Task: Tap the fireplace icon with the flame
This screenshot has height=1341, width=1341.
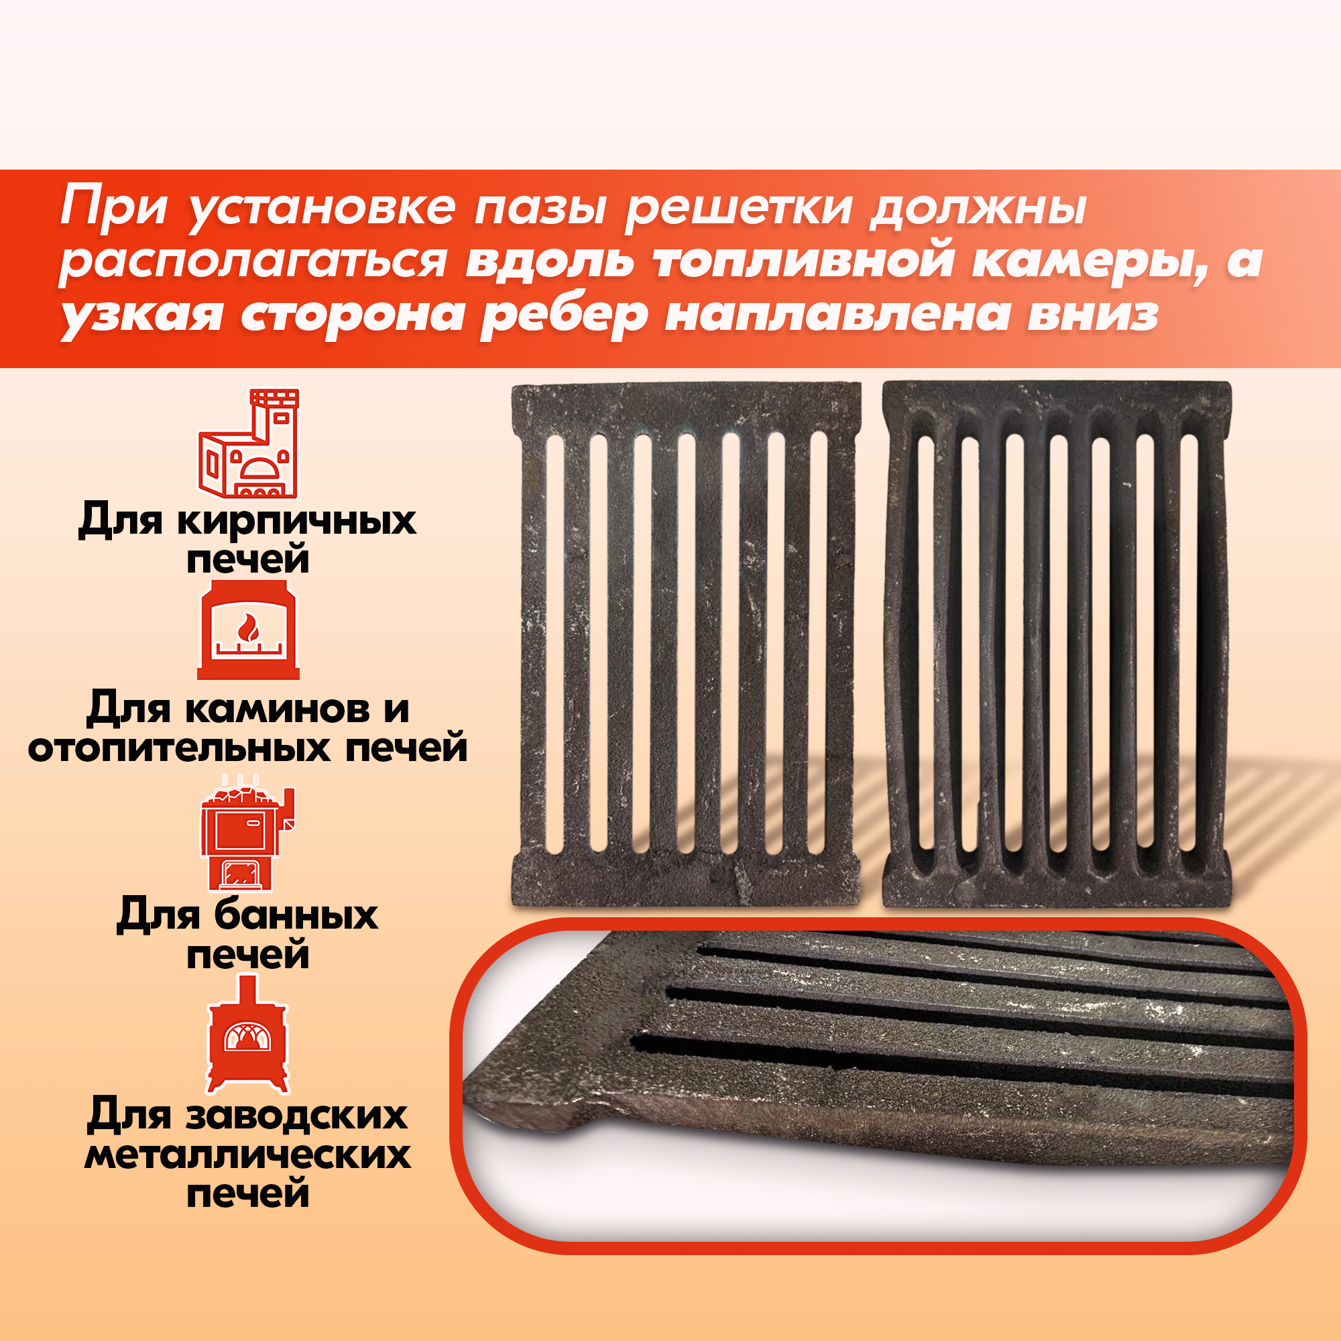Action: pyautogui.click(x=249, y=630)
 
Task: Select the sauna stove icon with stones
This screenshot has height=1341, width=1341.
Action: pyautogui.click(x=248, y=833)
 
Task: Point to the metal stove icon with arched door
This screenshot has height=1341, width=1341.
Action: pyautogui.click(x=247, y=1033)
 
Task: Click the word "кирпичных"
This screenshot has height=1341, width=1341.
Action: pyautogui.click(x=296, y=520)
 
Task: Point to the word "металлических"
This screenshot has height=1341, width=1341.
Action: pyautogui.click(x=248, y=1156)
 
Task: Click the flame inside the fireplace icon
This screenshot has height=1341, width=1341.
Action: pyautogui.click(x=249, y=628)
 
